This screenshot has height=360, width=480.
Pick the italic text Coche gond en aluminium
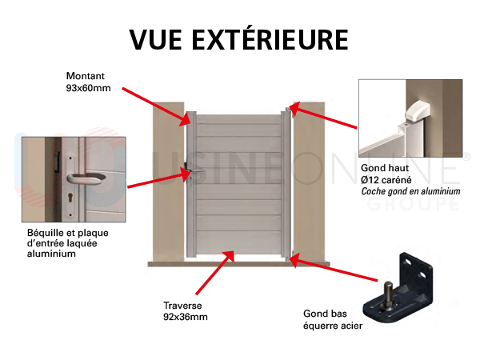pyautogui.click(x=410, y=192)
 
